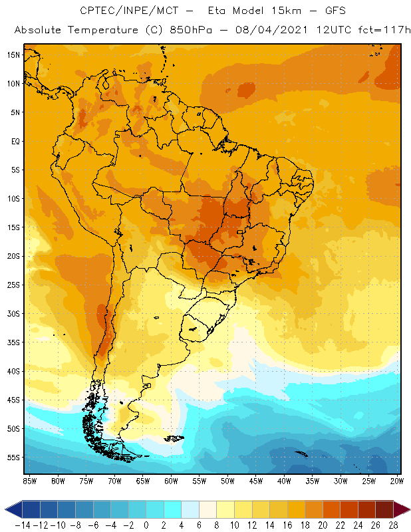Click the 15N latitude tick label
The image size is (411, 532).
click(x=12, y=55)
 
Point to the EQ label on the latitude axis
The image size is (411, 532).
click(x=14, y=141)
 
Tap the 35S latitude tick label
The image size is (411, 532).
click(x=12, y=342)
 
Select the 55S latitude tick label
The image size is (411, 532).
click(x=12, y=458)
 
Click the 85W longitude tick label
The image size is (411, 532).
click(x=29, y=480)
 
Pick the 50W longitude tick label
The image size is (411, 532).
click(x=227, y=480)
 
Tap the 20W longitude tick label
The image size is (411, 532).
click(x=397, y=480)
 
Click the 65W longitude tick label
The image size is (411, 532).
click(x=142, y=480)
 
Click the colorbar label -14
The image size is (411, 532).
click(x=23, y=525)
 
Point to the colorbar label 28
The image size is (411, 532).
click(x=393, y=525)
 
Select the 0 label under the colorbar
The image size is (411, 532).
click(x=146, y=525)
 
